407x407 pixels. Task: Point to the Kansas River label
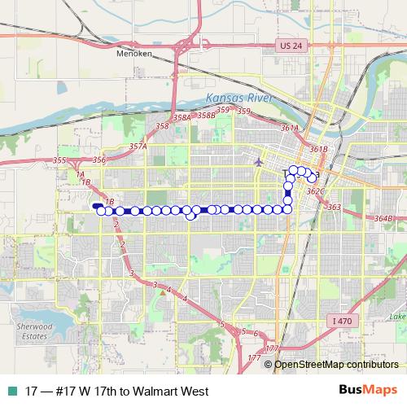(235, 98)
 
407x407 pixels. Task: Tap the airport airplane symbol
(259, 160)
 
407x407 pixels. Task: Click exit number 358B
(206, 116)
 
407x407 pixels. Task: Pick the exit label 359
(222, 110)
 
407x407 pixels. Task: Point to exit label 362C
(317, 191)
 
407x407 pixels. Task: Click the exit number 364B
(383, 218)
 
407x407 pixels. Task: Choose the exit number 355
(59, 160)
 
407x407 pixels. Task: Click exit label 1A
(79, 174)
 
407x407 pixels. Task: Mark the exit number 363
(334, 207)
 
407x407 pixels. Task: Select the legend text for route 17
(117, 391)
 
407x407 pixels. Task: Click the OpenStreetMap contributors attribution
(336, 364)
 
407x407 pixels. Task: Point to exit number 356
(99, 160)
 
